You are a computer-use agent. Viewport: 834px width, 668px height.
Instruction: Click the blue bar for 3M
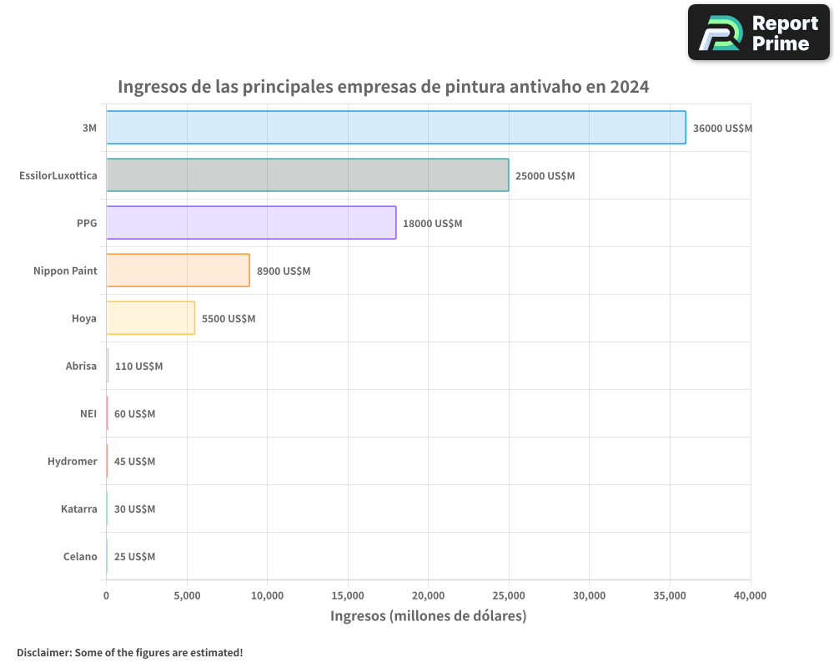[x=396, y=128]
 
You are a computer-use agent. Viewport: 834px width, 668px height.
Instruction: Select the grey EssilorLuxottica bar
[x=307, y=175]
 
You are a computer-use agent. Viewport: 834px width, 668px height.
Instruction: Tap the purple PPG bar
[x=251, y=223]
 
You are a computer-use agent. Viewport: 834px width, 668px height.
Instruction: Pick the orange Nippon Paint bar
[x=178, y=271]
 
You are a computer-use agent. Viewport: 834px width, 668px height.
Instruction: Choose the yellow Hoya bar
[x=150, y=318]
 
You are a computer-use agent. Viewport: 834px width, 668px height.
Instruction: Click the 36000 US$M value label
[x=722, y=129]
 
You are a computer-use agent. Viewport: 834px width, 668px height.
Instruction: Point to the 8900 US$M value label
[x=284, y=271]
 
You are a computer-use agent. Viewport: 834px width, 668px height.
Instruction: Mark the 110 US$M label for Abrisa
[x=138, y=367]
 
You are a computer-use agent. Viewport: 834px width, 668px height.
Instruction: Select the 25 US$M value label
[x=134, y=557]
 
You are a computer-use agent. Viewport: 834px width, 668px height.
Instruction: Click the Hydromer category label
[x=72, y=462]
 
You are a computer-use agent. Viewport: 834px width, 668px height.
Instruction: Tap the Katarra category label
[x=78, y=509]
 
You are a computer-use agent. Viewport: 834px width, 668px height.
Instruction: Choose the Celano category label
[x=80, y=557]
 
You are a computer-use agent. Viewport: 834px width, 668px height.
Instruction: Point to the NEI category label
[x=88, y=414]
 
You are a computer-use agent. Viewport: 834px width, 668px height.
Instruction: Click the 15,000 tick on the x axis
[x=348, y=596]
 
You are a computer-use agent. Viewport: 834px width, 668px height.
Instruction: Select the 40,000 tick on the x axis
[x=750, y=596]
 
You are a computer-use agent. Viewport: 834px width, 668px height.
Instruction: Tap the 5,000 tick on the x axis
[x=187, y=596]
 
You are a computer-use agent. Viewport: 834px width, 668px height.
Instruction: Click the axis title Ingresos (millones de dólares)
[x=428, y=616]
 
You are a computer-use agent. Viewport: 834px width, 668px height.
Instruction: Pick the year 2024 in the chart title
[x=629, y=87]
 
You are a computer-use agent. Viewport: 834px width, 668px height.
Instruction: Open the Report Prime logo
[x=758, y=33]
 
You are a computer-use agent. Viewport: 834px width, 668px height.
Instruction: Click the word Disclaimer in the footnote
[x=43, y=653]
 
